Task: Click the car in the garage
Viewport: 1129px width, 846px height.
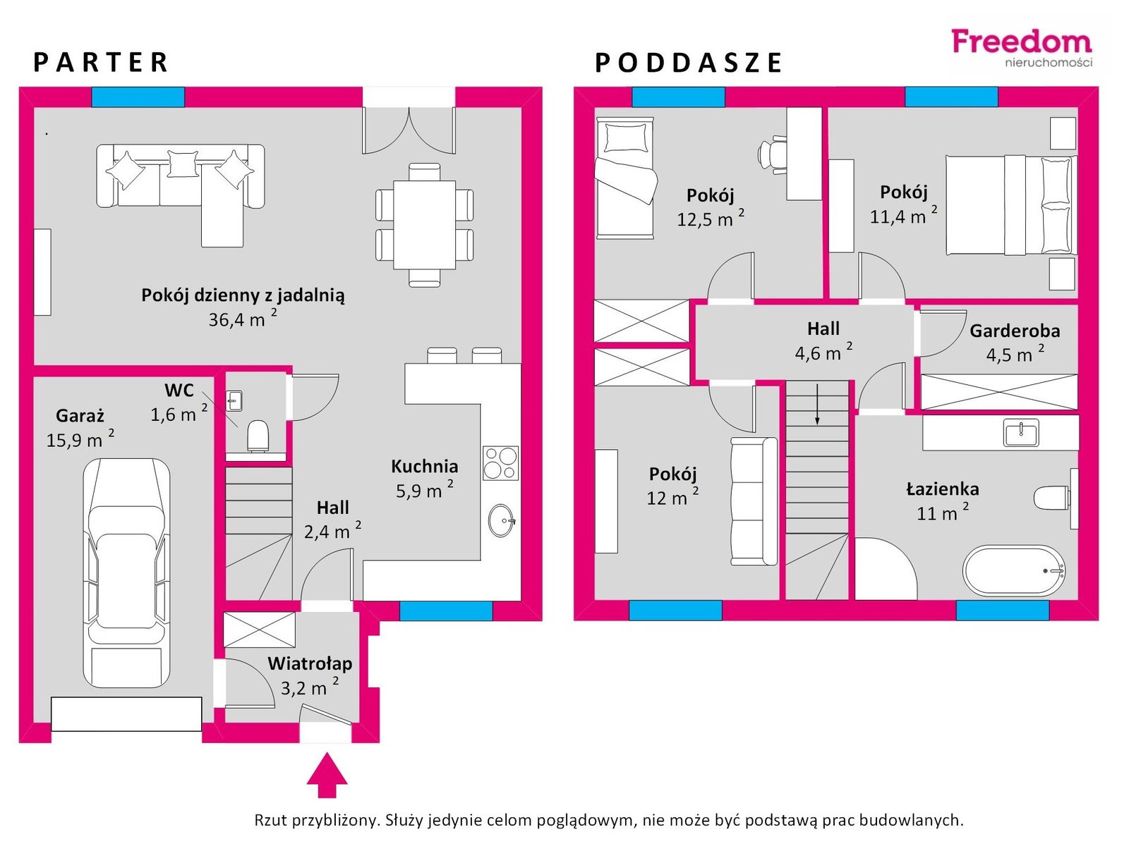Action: click(126, 572)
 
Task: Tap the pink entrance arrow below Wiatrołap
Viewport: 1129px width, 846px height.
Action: click(327, 775)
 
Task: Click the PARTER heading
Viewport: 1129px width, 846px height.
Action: click(101, 62)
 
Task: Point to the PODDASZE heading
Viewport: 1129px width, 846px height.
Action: click(688, 63)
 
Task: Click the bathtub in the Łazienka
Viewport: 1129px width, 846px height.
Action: click(1014, 570)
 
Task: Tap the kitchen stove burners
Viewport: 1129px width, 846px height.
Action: click(500, 463)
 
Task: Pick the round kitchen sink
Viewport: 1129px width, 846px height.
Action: click(501, 520)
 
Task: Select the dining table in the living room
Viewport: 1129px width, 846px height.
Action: click(424, 224)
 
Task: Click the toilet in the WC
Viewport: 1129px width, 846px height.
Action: click(258, 436)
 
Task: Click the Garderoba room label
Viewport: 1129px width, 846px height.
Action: click(1015, 331)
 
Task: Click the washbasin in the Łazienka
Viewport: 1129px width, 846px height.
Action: click(1020, 432)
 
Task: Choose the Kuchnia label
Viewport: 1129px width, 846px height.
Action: click(424, 466)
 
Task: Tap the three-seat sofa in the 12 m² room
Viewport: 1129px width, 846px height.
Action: click(754, 501)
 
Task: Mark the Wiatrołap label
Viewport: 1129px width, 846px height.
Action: click(310, 663)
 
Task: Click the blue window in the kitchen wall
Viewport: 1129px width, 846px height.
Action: click(446, 611)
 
